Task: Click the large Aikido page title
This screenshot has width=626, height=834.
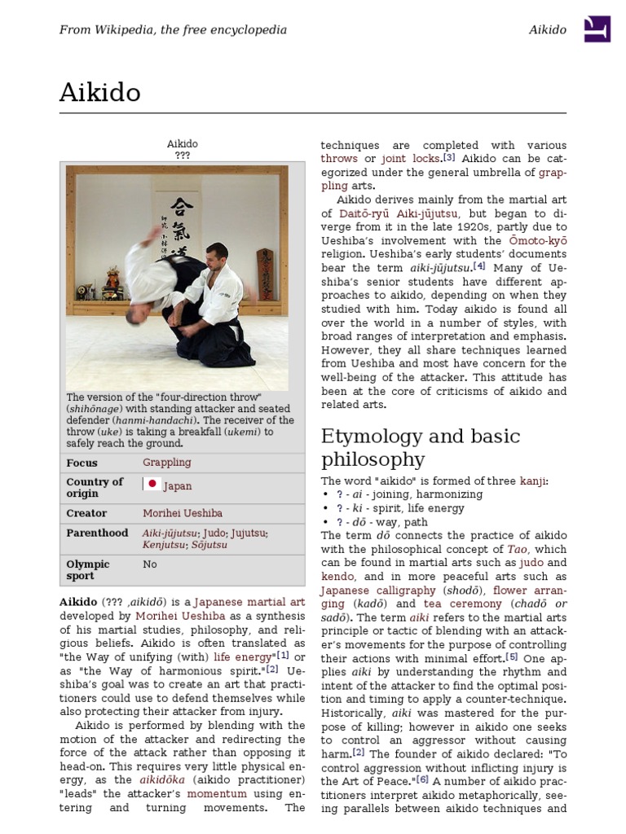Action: (99, 93)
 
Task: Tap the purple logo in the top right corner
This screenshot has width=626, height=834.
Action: (597, 29)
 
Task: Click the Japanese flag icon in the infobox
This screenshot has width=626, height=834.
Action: (152, 485)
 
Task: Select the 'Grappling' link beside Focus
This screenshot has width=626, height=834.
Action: (167, 463)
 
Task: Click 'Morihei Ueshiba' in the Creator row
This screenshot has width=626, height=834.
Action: (183, 513)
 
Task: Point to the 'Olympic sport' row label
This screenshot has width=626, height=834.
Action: (88, 569)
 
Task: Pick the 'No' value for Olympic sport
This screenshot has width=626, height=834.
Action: (150, 564)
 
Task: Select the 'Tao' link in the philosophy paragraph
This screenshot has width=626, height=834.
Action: (518, 549)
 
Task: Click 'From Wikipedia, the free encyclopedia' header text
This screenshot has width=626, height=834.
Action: (173, 30)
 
